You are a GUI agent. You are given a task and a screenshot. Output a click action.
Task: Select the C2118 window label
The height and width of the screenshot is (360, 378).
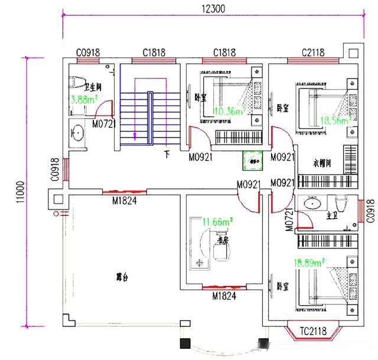coord(312,53)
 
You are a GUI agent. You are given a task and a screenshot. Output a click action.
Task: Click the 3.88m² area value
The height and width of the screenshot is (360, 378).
coord(83,100)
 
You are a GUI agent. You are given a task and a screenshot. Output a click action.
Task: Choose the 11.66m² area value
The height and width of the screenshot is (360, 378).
coord(217,222)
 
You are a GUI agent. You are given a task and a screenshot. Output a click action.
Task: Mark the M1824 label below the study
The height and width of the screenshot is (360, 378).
coord(224,297)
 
